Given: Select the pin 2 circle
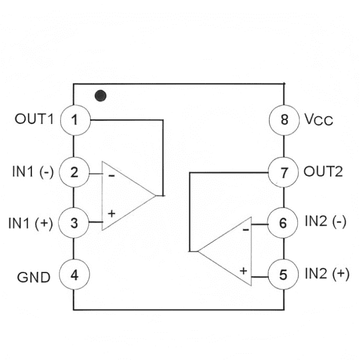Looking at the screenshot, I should click(75, 172).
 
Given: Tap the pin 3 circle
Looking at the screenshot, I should click(75, 223).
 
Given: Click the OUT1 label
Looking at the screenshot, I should click(34, 120).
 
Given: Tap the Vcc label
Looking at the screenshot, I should click(318, 121).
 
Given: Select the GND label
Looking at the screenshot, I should click(34, 277).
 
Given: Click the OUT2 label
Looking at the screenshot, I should click(322, 172).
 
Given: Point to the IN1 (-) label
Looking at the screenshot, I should click(32, 172).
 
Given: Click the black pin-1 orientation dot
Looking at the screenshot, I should click(101, 96).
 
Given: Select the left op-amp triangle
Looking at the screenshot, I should click(123, 196).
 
